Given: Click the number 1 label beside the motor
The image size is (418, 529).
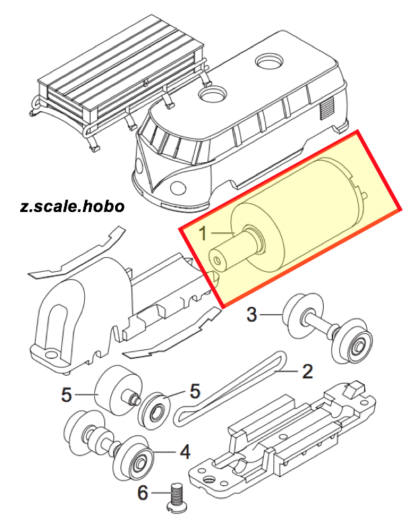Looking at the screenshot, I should tap(205, 234).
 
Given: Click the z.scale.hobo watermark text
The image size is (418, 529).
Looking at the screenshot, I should tap(73, 206).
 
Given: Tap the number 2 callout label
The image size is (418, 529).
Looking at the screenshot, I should tap(306, 371).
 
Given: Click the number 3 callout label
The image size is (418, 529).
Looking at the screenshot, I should tap(251, 314).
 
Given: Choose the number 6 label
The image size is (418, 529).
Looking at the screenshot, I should tap(142, 494).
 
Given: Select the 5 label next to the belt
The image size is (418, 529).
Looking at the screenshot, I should tap(195, 391).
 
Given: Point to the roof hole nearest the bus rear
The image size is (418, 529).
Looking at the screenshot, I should tap(271, 62).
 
